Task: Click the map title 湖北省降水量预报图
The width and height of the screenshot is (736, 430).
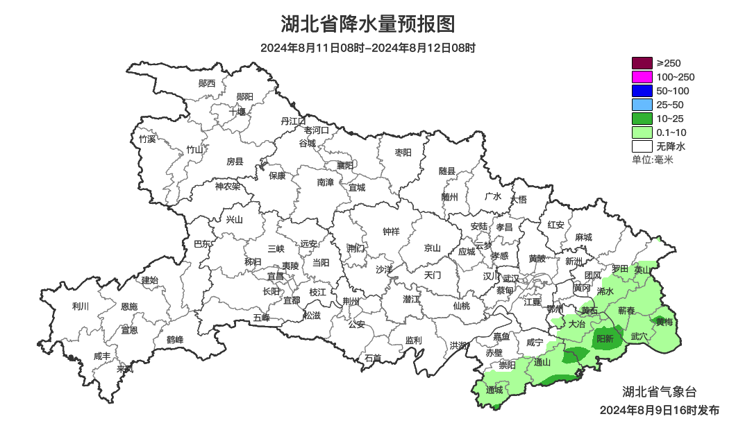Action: [368, 24]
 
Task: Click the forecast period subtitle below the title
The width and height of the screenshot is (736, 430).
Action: [368, 48]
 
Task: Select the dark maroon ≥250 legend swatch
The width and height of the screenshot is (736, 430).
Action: [642, 63]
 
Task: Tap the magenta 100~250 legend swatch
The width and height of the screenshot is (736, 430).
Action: [642, 77]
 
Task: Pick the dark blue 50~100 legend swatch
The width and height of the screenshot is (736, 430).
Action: [642, 91]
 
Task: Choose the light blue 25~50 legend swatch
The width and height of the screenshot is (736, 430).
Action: [642, 105]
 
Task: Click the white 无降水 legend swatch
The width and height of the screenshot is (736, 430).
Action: [642, 146]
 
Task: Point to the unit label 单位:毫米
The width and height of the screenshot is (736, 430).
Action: [653, 160]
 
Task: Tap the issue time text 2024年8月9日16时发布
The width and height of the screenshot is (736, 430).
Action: [660, 411]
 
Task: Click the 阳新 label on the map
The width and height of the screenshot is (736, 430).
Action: [605, 339]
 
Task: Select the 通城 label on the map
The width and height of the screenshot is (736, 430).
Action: [494, 390]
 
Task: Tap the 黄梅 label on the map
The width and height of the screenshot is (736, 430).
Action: [664, 322]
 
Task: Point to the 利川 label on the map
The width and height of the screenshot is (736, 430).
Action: [81, 307]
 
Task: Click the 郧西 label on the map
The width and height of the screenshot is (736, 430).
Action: [207, 83]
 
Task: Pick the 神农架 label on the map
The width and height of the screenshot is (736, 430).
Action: [227, 186]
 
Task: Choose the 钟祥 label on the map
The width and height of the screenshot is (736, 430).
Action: [392, 232]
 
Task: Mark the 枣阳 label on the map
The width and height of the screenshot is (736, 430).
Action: [403, 152]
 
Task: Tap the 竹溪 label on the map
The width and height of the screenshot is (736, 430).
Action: [147, 139]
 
